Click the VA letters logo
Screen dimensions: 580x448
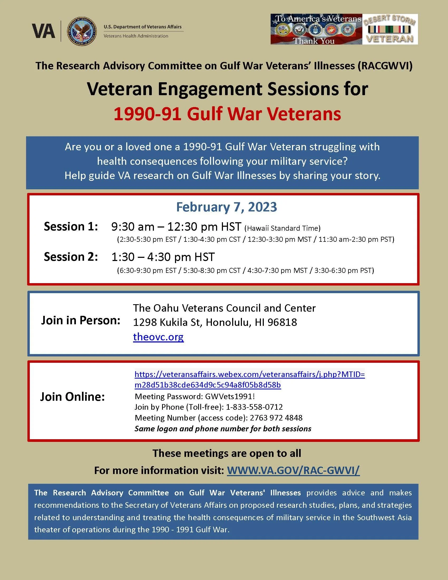click(x=43, y=31)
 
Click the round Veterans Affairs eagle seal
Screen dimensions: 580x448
click(x=82, y=31)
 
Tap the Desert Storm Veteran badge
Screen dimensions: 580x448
click(x=390, y=29)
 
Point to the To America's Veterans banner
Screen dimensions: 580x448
click(x=316, y=29)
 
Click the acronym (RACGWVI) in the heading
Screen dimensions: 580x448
click(x=385, y=66)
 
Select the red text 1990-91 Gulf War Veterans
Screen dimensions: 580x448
click(x=227, y=114)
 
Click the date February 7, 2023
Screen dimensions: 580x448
click(x=226, y=207)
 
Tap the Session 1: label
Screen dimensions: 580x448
click(x=71, y=226)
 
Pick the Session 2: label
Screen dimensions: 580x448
click(x=71, y=257)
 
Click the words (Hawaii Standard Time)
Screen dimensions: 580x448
click(x=283, y=228)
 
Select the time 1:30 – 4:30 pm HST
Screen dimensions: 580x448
click(x=163, y=257)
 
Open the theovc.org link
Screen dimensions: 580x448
click(x=158, y=337)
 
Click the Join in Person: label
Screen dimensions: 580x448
click(x=81, y=320)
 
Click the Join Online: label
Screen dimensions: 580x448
click(x=72, y=397)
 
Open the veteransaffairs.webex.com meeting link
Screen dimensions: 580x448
click(x=250, y=374)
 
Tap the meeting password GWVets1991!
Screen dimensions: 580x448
click(x=230, y=396)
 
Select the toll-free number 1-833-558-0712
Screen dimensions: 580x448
click(x=254, y=407)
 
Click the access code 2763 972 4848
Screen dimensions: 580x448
click(x=276, y=418)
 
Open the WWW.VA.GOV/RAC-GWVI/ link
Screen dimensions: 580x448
click(x=293, y=470)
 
